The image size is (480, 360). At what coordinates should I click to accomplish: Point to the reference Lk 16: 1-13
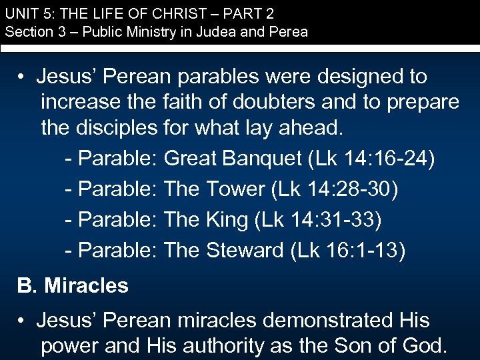[x=347, y=251]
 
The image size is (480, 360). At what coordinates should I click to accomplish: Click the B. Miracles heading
[x=73, y=286]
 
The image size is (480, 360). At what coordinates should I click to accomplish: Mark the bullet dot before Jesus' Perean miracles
[x=22, y=321]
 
